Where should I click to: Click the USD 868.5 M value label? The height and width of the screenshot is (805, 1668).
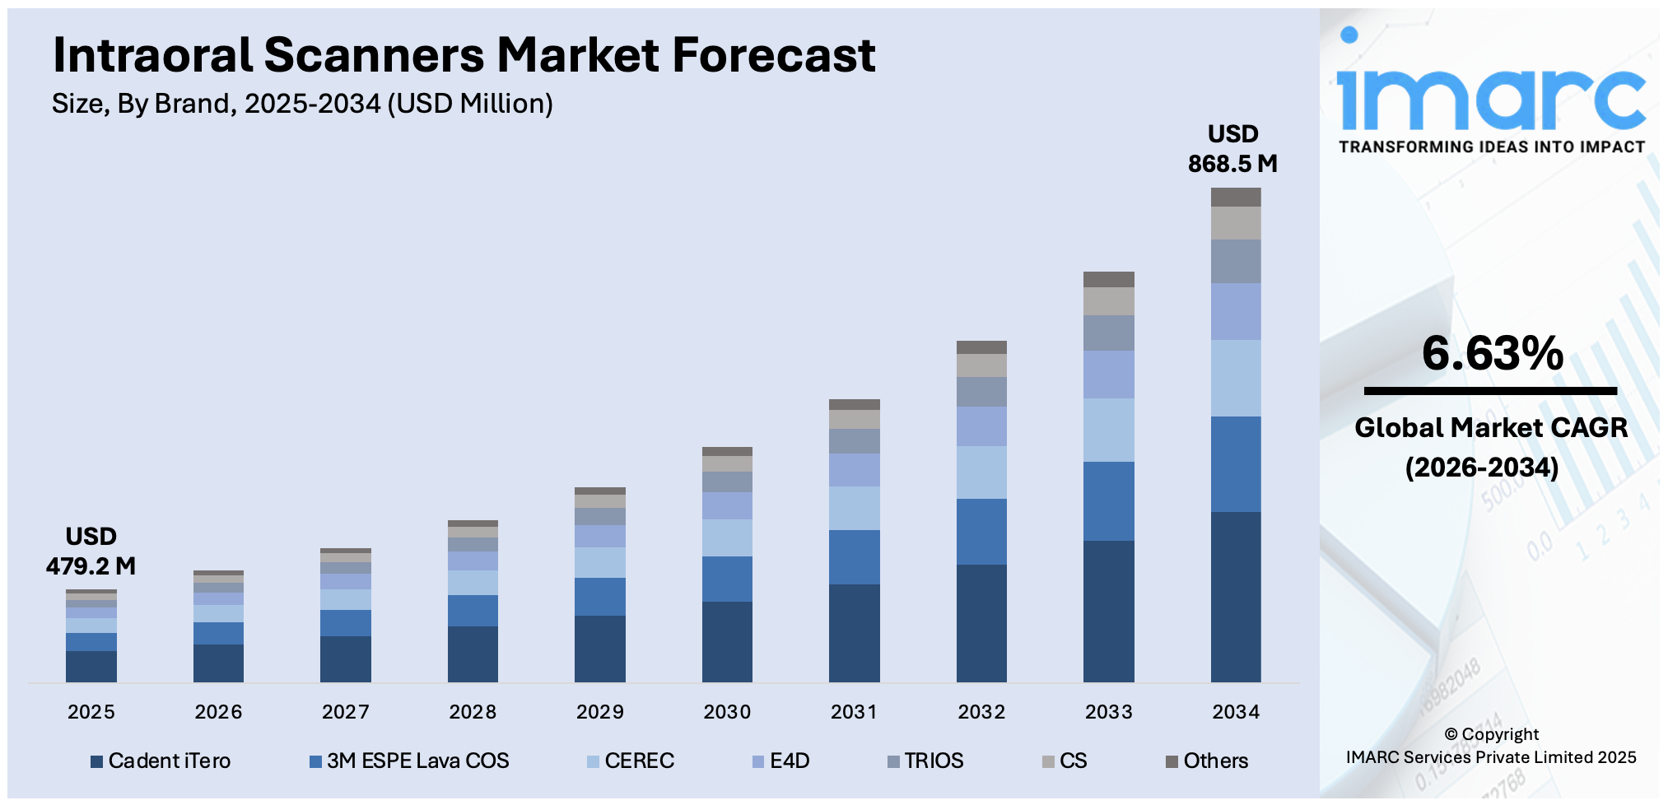[1232, 149]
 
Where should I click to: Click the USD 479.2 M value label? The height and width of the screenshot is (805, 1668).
[91, 551]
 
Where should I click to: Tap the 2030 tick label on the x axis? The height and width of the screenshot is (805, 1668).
[727, 712]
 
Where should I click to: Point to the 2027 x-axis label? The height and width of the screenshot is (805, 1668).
[346, 712]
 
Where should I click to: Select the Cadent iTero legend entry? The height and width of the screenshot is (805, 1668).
[161, 761]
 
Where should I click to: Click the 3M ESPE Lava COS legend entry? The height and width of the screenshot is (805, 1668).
[409, 761]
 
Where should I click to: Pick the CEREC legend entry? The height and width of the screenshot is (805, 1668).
[631, 761]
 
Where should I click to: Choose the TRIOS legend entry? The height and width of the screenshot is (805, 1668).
[925, 761]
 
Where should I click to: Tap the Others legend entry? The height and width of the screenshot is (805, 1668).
[1207, 761]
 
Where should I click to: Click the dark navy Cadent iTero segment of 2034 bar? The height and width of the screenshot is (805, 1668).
[1235, 597]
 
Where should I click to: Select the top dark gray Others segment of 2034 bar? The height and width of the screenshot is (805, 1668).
[1235, 197]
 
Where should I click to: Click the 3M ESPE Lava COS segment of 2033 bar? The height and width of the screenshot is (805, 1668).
[1108, 500]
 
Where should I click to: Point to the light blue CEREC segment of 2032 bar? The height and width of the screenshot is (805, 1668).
[981, 472]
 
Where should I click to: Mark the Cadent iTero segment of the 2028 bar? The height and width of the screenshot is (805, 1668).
[473, 654]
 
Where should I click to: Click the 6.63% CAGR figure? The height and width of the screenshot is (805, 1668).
[1492, 354]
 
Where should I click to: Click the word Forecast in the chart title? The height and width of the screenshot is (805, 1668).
[774, 55]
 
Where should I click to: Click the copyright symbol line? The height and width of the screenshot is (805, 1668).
[1491, 734]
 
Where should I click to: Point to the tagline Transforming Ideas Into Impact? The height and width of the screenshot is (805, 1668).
[1491, 147]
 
